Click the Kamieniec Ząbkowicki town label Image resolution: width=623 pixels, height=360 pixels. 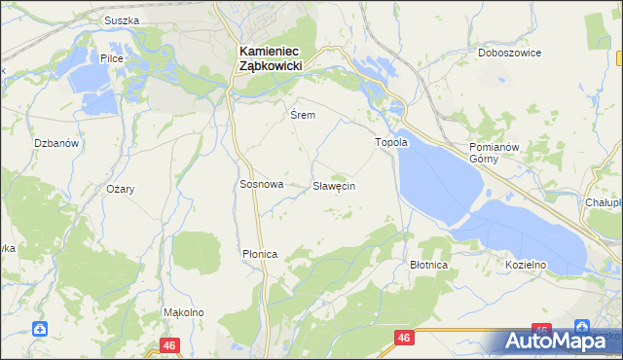tap(270, 56)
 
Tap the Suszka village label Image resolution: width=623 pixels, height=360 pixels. tap(123, 20)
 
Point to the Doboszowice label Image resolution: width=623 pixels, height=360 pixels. tap(509, 54)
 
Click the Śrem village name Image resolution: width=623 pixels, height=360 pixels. tap(302, 115)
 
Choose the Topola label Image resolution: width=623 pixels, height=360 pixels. tap(392, 142)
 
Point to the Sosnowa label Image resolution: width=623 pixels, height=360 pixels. tap(261, 184)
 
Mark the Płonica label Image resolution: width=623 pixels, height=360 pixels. tap(260, 254)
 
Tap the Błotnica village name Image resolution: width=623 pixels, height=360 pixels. tap(428, 265)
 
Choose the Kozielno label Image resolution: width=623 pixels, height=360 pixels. tap(526, 265)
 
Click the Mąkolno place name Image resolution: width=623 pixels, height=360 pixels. tap(183, 312)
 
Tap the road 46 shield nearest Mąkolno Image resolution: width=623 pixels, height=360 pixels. tap(171, 345)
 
